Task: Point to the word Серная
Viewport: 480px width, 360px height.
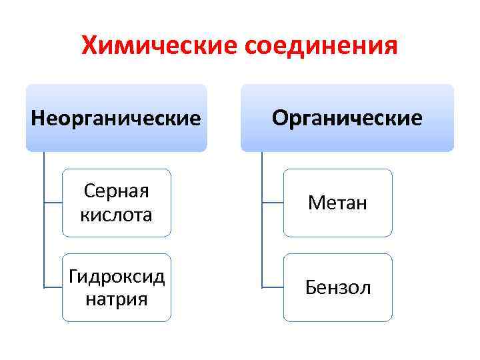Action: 116,192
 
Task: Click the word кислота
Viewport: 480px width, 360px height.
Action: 116,215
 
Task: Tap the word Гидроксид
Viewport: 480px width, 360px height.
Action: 116,277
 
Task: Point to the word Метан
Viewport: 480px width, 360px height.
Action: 337,203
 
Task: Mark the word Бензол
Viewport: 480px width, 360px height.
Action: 337,288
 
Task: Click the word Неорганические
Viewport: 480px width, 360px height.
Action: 116,118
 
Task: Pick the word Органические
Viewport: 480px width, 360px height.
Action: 347,118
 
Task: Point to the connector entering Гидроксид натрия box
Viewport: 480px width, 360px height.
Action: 53,287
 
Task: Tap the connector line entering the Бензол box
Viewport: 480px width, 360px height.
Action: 273,287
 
